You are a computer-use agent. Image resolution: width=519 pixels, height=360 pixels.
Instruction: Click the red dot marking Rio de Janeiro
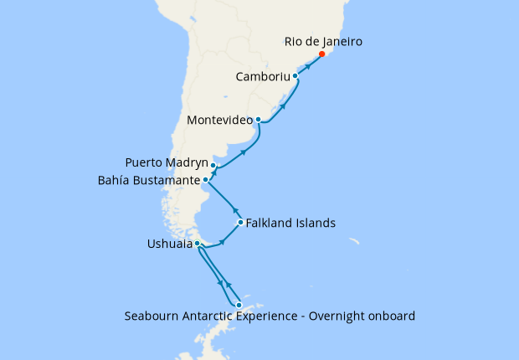point(321,54)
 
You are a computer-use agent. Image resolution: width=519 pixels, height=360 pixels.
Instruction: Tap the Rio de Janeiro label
point(322,40)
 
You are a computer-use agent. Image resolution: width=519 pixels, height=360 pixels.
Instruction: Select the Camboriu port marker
point(295,76)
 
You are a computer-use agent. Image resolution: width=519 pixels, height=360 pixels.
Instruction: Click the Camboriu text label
point(262,76)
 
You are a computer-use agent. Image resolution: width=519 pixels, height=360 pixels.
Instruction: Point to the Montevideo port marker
point(258,120)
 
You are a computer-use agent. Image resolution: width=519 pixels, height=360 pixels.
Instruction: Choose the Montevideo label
point(220,120)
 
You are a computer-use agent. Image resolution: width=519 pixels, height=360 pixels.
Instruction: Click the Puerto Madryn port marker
point(213,166)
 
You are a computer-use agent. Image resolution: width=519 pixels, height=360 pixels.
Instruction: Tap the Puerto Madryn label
point(166,162)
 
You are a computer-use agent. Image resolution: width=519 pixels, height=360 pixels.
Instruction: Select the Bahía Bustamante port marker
point(206,179)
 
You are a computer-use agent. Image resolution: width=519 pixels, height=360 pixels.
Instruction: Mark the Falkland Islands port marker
point(240,223)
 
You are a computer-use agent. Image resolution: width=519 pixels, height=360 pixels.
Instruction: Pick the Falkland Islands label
point(291,224)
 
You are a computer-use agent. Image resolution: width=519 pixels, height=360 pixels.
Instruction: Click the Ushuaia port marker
point(197,244)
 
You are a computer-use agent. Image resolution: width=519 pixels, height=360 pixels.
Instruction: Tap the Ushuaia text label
point(169,244)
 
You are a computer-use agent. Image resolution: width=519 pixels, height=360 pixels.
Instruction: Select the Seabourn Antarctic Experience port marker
point(239,305)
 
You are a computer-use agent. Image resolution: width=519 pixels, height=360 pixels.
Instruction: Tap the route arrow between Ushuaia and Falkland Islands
point(222,243)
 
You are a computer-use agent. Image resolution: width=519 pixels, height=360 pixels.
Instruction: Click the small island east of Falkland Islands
point(355,243)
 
